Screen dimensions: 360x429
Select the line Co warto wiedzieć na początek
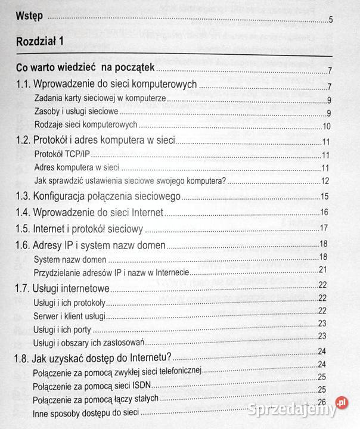[x=86, y=68]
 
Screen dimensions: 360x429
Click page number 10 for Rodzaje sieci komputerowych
[x=326, y=126]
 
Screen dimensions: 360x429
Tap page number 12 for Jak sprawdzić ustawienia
[x=326, y=182]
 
